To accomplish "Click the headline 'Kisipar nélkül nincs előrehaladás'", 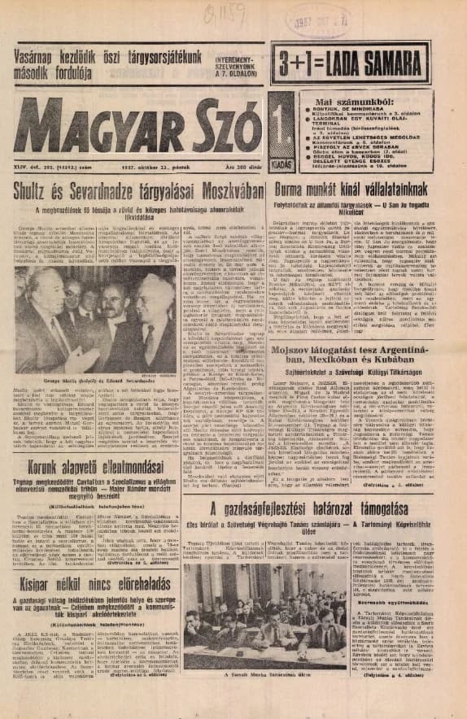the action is pos(90,585).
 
